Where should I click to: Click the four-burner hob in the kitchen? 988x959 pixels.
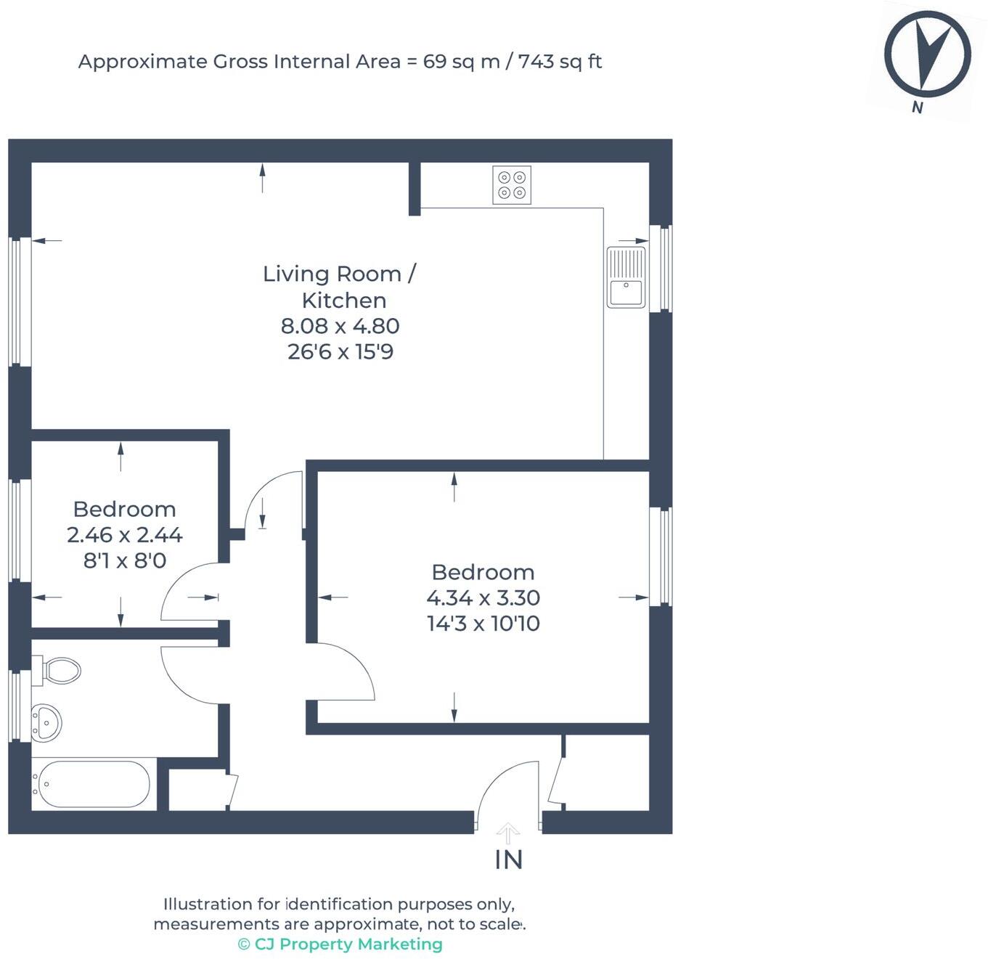tap(511, 185)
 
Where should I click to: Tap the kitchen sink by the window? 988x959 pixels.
tap(626, 277)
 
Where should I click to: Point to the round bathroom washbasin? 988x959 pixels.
tap(46, 723)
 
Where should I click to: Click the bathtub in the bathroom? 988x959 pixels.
tap(94, 784)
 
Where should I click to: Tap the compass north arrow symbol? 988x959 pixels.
tap(928, 54)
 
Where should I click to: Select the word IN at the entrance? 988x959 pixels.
tap(509, 860)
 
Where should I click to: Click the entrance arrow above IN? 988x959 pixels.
tap(507, 833)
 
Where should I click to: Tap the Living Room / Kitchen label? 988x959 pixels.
tap(340, 287)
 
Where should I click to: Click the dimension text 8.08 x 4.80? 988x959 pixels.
tap(340, 326)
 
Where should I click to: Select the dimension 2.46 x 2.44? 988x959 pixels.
tap(124, 535)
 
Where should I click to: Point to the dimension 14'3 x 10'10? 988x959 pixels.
tap(483, 624)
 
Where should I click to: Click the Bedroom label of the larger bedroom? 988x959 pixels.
tap(483, 572)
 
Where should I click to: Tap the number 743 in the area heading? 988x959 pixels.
tap(536, 62)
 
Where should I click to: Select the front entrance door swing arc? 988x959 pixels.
tap(495, 777)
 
